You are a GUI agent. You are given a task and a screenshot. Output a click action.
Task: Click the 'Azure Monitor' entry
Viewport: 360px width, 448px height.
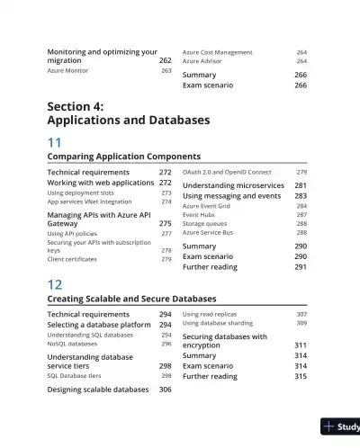[x=67, y=70]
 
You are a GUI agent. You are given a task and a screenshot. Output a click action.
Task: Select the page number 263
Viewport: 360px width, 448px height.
[x=166, y=70]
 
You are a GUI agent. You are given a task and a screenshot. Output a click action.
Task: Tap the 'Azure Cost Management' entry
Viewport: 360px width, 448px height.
[x=217, y=53]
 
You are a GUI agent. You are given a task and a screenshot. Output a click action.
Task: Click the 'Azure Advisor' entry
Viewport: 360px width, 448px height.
[x=202, y=61]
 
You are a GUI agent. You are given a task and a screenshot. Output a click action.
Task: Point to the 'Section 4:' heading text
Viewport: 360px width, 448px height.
[x=75, y=106]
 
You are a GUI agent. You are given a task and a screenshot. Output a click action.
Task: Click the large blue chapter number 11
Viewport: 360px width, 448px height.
[x=55, y=141]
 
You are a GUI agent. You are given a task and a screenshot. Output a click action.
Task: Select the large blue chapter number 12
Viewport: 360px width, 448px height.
[x=55, y=283]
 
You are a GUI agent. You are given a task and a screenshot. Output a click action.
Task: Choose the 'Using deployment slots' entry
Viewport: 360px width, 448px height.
[x=80, y=193]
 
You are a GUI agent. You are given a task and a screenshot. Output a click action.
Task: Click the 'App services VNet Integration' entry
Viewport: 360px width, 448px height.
[x=89, y=202]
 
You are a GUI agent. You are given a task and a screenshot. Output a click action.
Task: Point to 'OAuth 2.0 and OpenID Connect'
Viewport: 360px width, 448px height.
[x=226, y=172]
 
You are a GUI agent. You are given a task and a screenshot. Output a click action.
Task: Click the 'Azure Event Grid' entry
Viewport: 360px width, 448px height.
[x=206, y=206]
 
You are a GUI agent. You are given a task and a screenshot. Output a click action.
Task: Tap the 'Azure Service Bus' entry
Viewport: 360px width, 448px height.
[x=208, y=232]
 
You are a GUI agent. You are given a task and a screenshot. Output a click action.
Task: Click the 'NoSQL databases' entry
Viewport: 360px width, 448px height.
[x=72, y=344]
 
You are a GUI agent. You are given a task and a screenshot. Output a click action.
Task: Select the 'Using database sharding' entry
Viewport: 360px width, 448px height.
[x=217, y=322]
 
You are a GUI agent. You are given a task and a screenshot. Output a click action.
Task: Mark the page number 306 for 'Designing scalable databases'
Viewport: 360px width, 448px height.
[x=166, y=390]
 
